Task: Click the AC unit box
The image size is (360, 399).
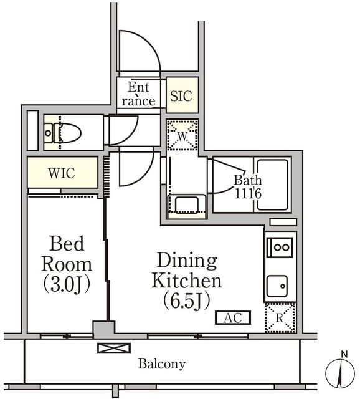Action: tap(233, 317)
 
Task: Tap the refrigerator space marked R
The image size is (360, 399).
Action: tap(280, 318)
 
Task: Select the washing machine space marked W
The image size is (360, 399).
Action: tap(182, 135)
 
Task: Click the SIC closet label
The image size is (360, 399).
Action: tap(181, 96)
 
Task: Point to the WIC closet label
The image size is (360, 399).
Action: tap(62, 173)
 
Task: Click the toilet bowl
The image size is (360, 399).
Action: tap(67, 133)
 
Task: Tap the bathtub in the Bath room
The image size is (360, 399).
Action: tap(272, 185)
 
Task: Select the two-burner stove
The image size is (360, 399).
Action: tap(280, 248)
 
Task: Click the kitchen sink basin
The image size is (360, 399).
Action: tap(277, 286)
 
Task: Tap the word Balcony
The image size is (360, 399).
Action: tap(162, 364)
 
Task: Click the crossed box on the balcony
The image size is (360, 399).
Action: tap(114, 348)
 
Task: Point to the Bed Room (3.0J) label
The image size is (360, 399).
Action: tap(67, 264)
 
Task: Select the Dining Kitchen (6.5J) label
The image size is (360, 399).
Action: tap(187, 281)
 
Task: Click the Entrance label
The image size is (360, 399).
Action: tap(138, 94)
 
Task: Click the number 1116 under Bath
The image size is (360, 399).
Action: tap(248, 194)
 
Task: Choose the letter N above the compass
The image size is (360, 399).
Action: tap(344, 354)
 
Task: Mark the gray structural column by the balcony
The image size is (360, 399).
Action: tap(104, 330)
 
